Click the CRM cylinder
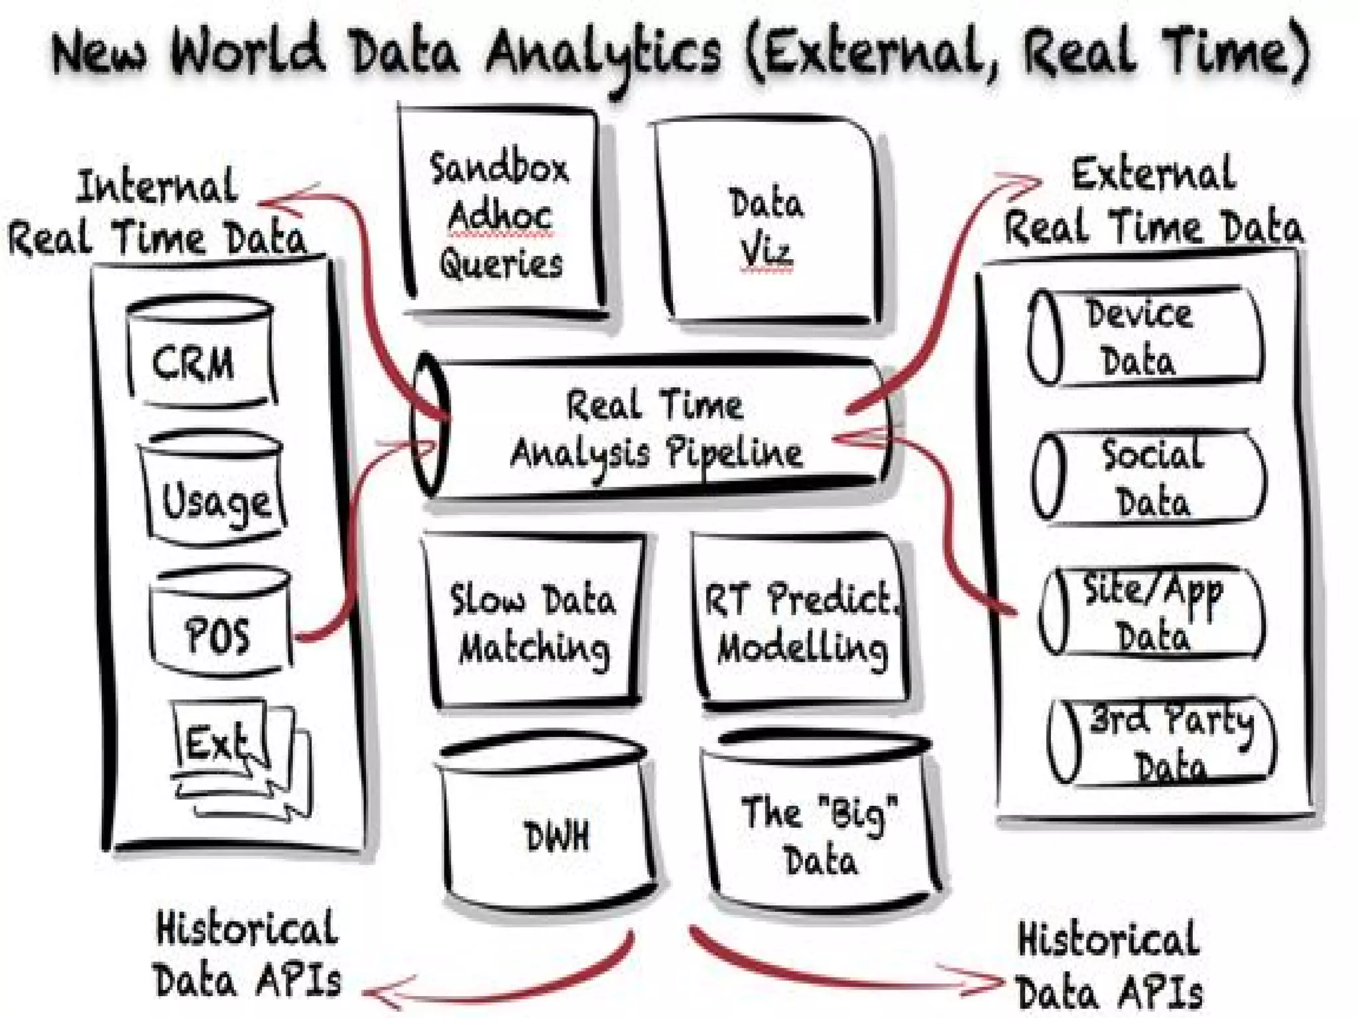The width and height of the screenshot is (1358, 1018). [199, 355]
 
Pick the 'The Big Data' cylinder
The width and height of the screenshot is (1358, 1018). [819, 822]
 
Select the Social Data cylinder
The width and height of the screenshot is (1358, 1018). [1150, 477]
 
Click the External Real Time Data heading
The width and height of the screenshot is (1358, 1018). [1154, 202]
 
